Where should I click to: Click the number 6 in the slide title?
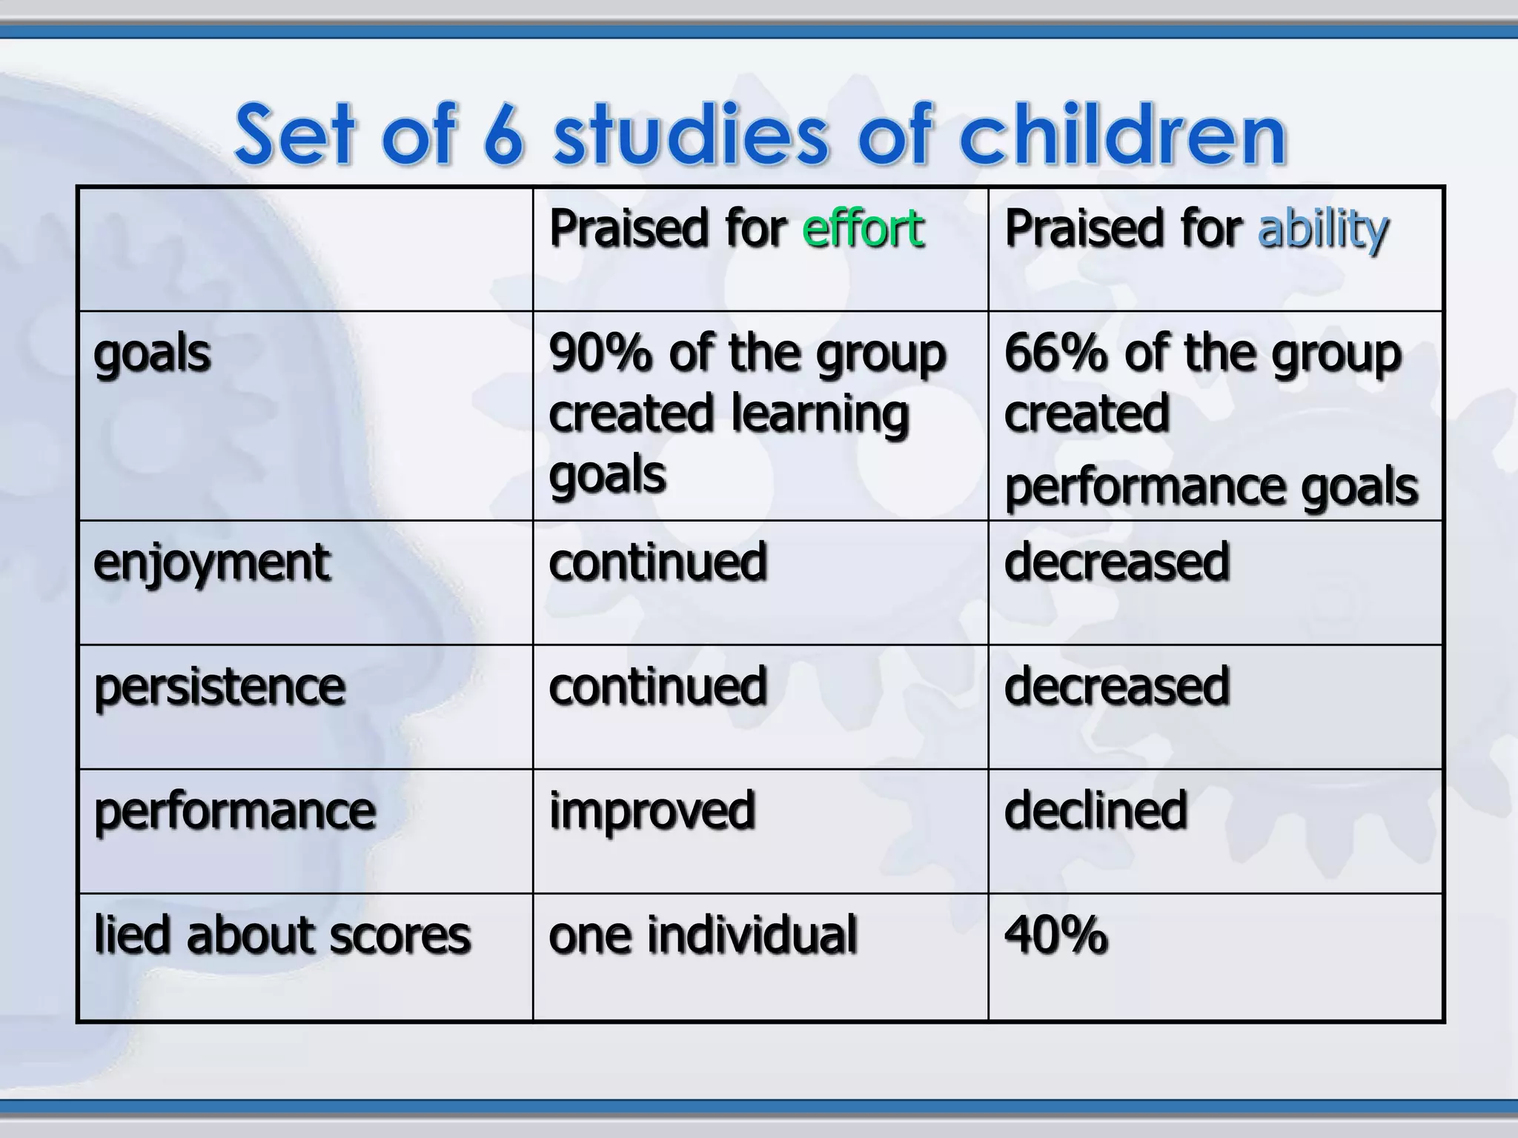coord(503,136)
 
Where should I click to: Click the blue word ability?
coord(1323,230)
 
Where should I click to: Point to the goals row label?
coord(152,355)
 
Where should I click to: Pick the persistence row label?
coord(219,688)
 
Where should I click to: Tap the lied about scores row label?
coord(282,935)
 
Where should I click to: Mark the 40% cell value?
coord(1055,935)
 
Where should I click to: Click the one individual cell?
coord(703,935)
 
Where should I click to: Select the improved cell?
coord(652,812)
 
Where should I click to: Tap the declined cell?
coord(1096,811)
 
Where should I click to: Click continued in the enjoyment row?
coord(657,562)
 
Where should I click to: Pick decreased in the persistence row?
coord(1116,687)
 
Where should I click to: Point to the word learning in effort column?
coord(820,416)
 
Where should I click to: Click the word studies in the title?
coord(690,136)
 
